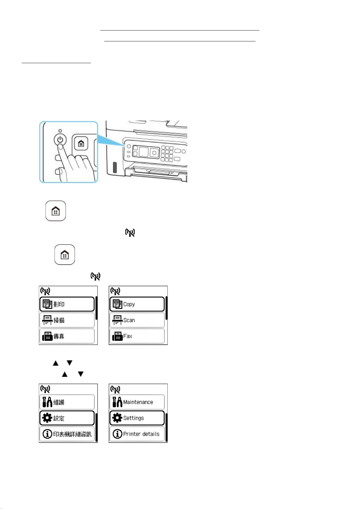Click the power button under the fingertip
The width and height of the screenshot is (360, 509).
60,140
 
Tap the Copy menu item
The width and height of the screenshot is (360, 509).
137,304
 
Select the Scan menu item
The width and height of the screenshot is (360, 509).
137,320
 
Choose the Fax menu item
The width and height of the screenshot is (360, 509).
137,336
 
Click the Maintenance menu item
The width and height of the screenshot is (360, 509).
137,402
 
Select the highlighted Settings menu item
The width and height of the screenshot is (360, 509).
137,418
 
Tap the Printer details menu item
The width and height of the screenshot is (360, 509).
137,434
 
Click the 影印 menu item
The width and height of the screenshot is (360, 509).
67,304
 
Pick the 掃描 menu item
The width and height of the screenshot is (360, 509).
67,320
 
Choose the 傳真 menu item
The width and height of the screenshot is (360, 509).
67,336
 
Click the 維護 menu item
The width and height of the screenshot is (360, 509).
67,402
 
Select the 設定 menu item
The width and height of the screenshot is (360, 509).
67,418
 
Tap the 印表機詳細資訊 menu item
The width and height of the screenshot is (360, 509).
67,434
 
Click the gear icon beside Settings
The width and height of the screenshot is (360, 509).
117,418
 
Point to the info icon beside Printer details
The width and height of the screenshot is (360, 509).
117,434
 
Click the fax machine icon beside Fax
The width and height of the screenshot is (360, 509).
117,336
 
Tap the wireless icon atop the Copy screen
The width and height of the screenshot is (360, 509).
115,291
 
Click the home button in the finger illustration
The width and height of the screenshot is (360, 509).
81,143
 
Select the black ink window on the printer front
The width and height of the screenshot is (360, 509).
114,168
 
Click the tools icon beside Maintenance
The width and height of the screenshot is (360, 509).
117,402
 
